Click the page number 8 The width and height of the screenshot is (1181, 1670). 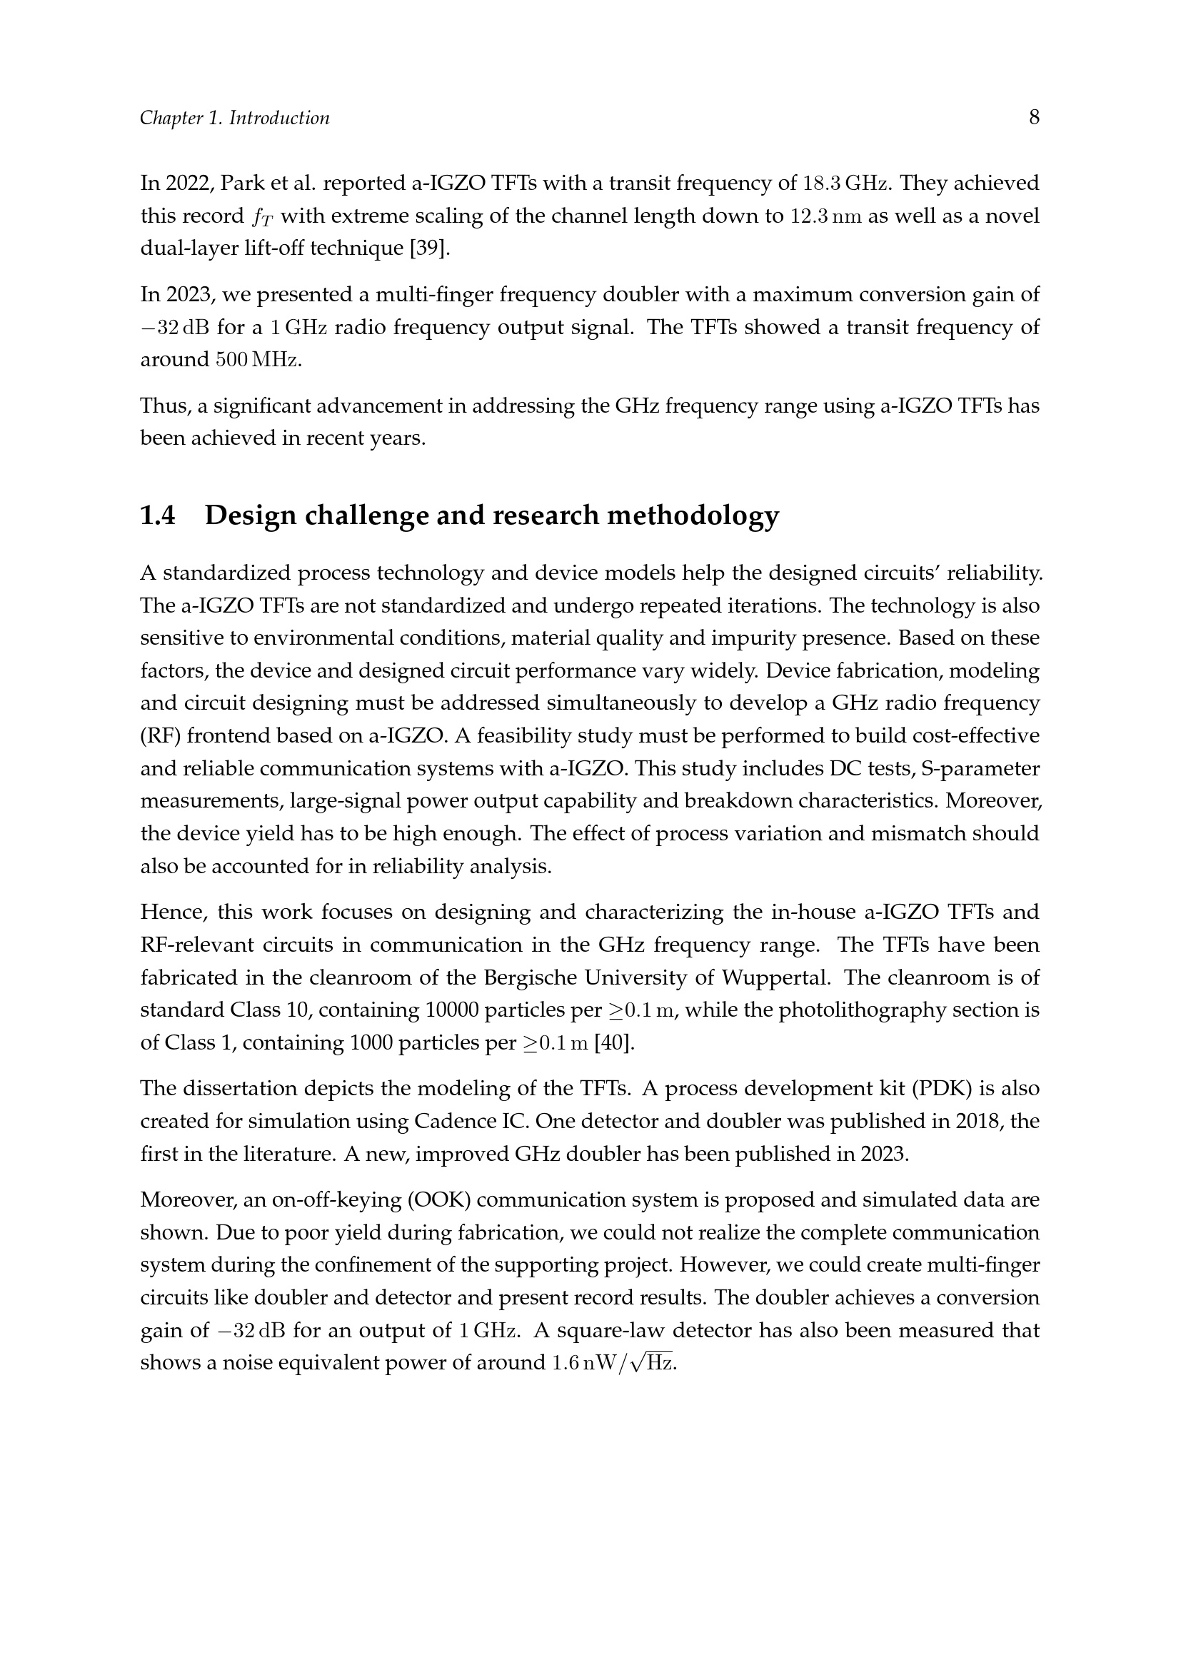tap(1033, 117)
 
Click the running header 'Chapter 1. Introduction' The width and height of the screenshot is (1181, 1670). tap(234, 118)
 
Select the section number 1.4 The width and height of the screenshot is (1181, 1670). tap(158, 515)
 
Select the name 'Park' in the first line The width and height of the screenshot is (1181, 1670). tap(239, 183)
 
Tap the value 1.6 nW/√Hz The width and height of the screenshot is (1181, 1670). tap(613, 1362)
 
